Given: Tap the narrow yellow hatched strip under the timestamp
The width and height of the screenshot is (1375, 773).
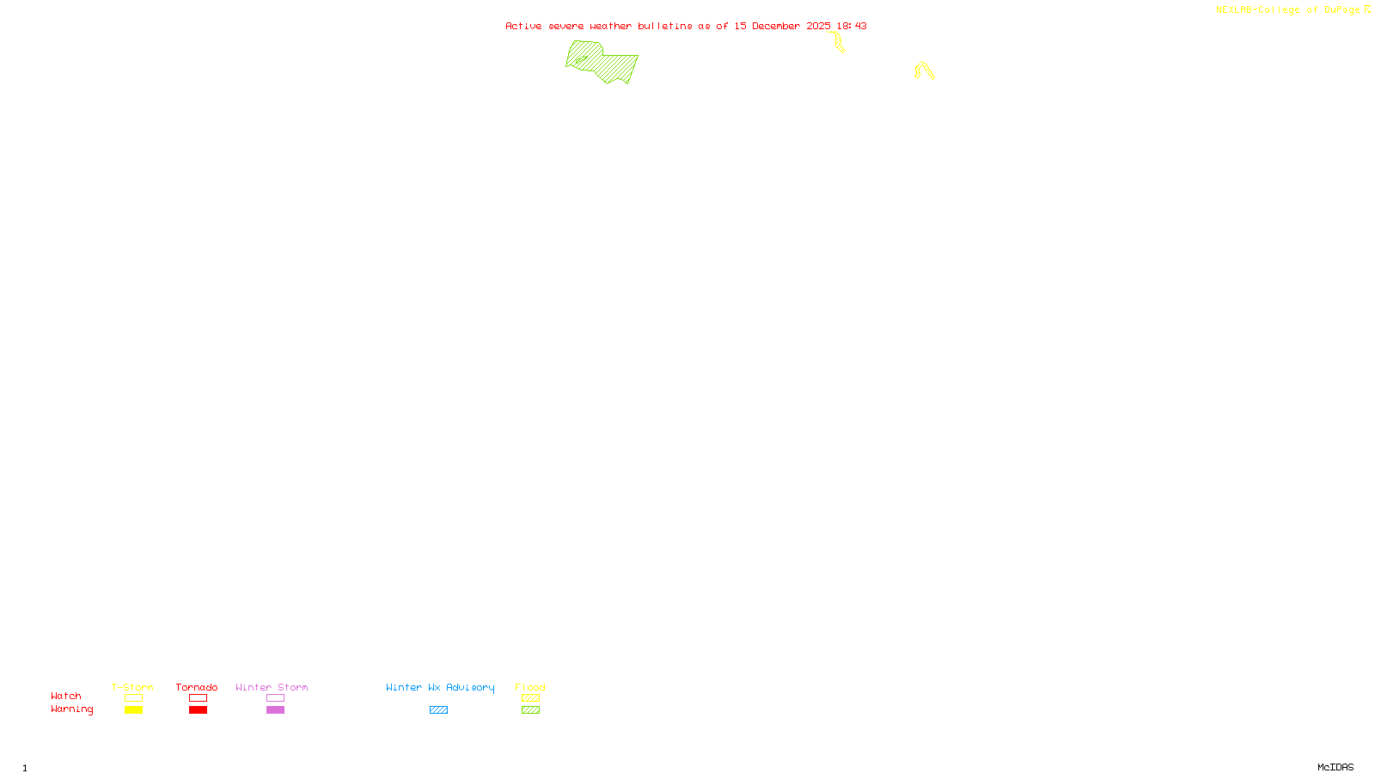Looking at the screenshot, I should (839, 42).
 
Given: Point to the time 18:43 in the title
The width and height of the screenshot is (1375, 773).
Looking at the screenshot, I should (852, 26).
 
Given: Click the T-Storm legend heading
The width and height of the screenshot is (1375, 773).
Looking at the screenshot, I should (132, 687).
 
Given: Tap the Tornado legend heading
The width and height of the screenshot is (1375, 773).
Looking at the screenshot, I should (197, 687).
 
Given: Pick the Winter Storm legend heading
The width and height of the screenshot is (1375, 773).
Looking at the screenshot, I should (272, 687).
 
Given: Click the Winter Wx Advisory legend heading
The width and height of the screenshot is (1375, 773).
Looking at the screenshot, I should (440, 687).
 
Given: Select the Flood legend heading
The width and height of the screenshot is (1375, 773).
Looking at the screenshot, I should (530, 687).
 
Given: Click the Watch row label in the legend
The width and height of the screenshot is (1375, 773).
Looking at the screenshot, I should (66, 696).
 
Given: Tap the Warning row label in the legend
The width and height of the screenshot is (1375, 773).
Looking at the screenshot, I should (71, 709).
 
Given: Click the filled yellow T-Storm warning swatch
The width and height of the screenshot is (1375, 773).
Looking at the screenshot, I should (133, 710).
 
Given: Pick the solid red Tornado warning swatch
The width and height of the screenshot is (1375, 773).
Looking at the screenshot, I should (198, 710).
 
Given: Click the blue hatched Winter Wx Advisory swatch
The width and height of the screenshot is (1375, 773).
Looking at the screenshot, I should (438, 710).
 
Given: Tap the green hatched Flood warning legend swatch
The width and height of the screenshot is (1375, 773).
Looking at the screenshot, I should (530, 710).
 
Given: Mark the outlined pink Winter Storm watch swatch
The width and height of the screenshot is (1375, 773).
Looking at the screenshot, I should (275, 698).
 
